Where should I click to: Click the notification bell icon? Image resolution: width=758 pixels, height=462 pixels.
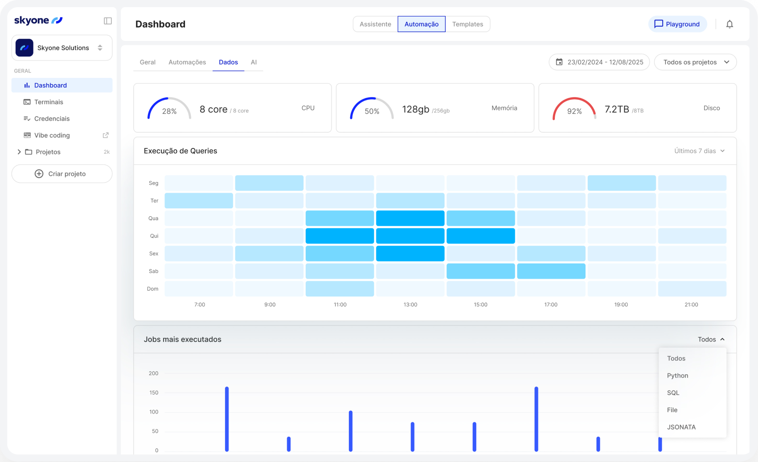pyautogui.click(x=729, y=24)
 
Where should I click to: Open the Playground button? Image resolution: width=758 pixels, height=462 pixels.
pyautogui.click(x=677, y=24)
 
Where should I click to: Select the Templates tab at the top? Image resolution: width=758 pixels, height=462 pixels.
pyautogui.click(x=467, y=24)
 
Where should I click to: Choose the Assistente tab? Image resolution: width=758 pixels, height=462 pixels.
pyautogui.click(x=375, y=24)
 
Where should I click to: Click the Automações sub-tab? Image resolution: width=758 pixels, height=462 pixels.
pyautogui.click(x=187, y=62)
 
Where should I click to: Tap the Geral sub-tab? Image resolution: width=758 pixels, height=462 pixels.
pyautogui.click(x=148, y=62)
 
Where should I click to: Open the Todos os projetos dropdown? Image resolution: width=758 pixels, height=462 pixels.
pyautogui.click(x=696, y=62)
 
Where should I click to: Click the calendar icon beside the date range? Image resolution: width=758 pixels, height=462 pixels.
pyautogui.click(x=559, y=62)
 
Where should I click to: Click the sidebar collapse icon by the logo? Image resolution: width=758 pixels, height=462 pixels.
pyautogui.click(x=107, y=21)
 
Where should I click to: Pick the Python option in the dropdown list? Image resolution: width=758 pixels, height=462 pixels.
pyautogui.click(x=677, y=376)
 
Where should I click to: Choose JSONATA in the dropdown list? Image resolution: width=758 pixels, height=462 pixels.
pyautogui.click(x=681, y=427)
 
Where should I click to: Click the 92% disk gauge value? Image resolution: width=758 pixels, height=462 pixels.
pyautogui.click(x=574, y=111)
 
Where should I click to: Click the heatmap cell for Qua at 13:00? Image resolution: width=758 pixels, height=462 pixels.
pyautogui.click(x=410, y=219)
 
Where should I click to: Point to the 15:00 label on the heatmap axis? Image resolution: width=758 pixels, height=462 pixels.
pyautogui.click(x=480, y=304)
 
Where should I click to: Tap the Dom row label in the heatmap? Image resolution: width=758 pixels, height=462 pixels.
pyautogui.click(x=152, y=288)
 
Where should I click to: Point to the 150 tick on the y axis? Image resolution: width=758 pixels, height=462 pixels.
pyautogui.click(x=153, y=393)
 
